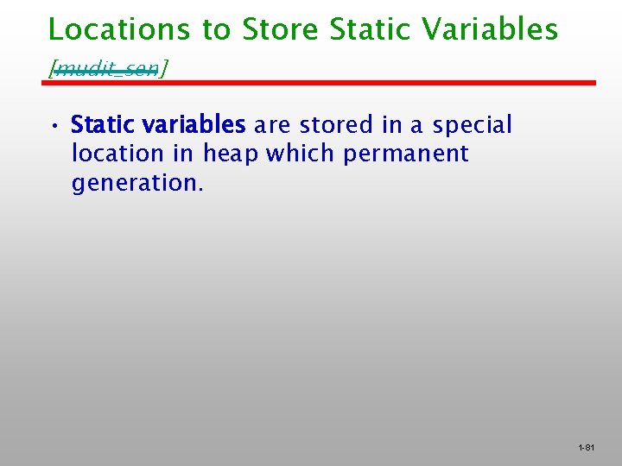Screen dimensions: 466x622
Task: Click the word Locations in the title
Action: click(x=119, y=29)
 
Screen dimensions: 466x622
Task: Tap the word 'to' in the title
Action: click(x=218, y=29)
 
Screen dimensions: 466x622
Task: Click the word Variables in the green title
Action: click(x=492, y=29)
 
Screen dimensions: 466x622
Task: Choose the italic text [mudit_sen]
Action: click(x=109, y=68)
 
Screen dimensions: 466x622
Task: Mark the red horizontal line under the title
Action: click(x=320, y=83)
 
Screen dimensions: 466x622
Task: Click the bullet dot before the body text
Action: click(x=54, y=126)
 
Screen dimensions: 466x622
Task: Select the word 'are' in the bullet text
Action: click(x=272, y=125)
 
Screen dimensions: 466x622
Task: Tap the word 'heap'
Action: click(x=231, y=155)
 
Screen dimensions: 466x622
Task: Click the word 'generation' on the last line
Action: click(x=134, y=184)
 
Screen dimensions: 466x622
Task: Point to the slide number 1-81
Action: click(x=587, y=448)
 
